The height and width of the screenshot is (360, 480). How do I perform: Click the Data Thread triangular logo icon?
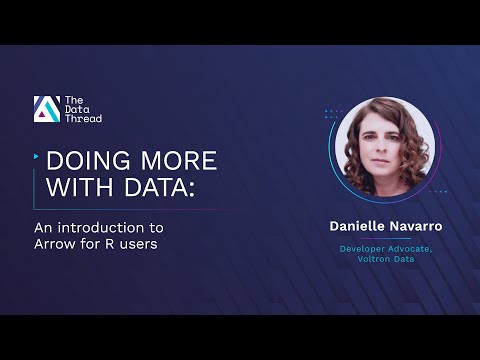(46, 109)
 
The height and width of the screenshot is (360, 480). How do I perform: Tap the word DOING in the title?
(84, 162)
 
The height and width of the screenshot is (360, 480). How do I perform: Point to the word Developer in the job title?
(361, 248)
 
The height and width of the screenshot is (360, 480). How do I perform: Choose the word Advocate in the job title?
(412, 248)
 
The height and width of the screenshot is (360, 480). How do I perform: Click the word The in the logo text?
(73, 100)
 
